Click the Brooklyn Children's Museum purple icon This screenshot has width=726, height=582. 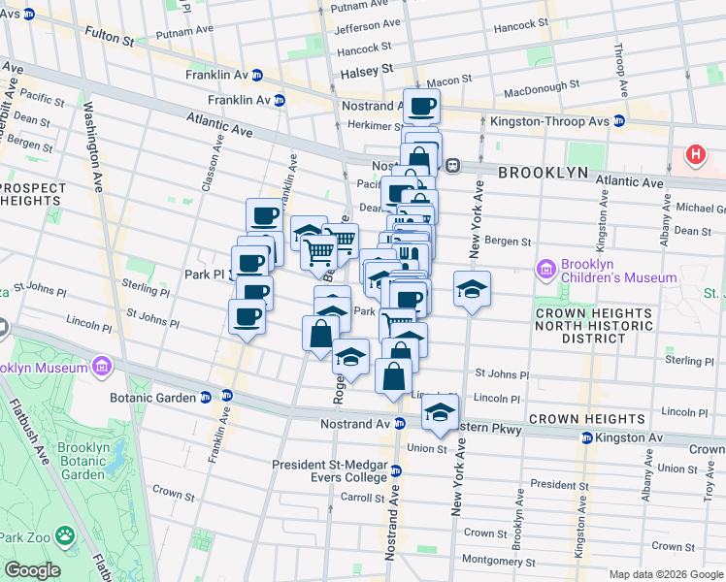click(x=545, y=268)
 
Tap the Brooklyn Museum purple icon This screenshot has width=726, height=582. click(x=101, y=366)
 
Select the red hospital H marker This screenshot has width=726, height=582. click(x=696, y=154)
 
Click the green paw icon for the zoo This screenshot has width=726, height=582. click(x=64, y=534)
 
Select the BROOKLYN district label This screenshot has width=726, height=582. click(x=544, y=173)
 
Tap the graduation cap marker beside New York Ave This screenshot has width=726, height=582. click(x=472, y=289)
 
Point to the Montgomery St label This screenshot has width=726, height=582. click(x=498, y=561)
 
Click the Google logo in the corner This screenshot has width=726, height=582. click(x=33, y=570)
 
